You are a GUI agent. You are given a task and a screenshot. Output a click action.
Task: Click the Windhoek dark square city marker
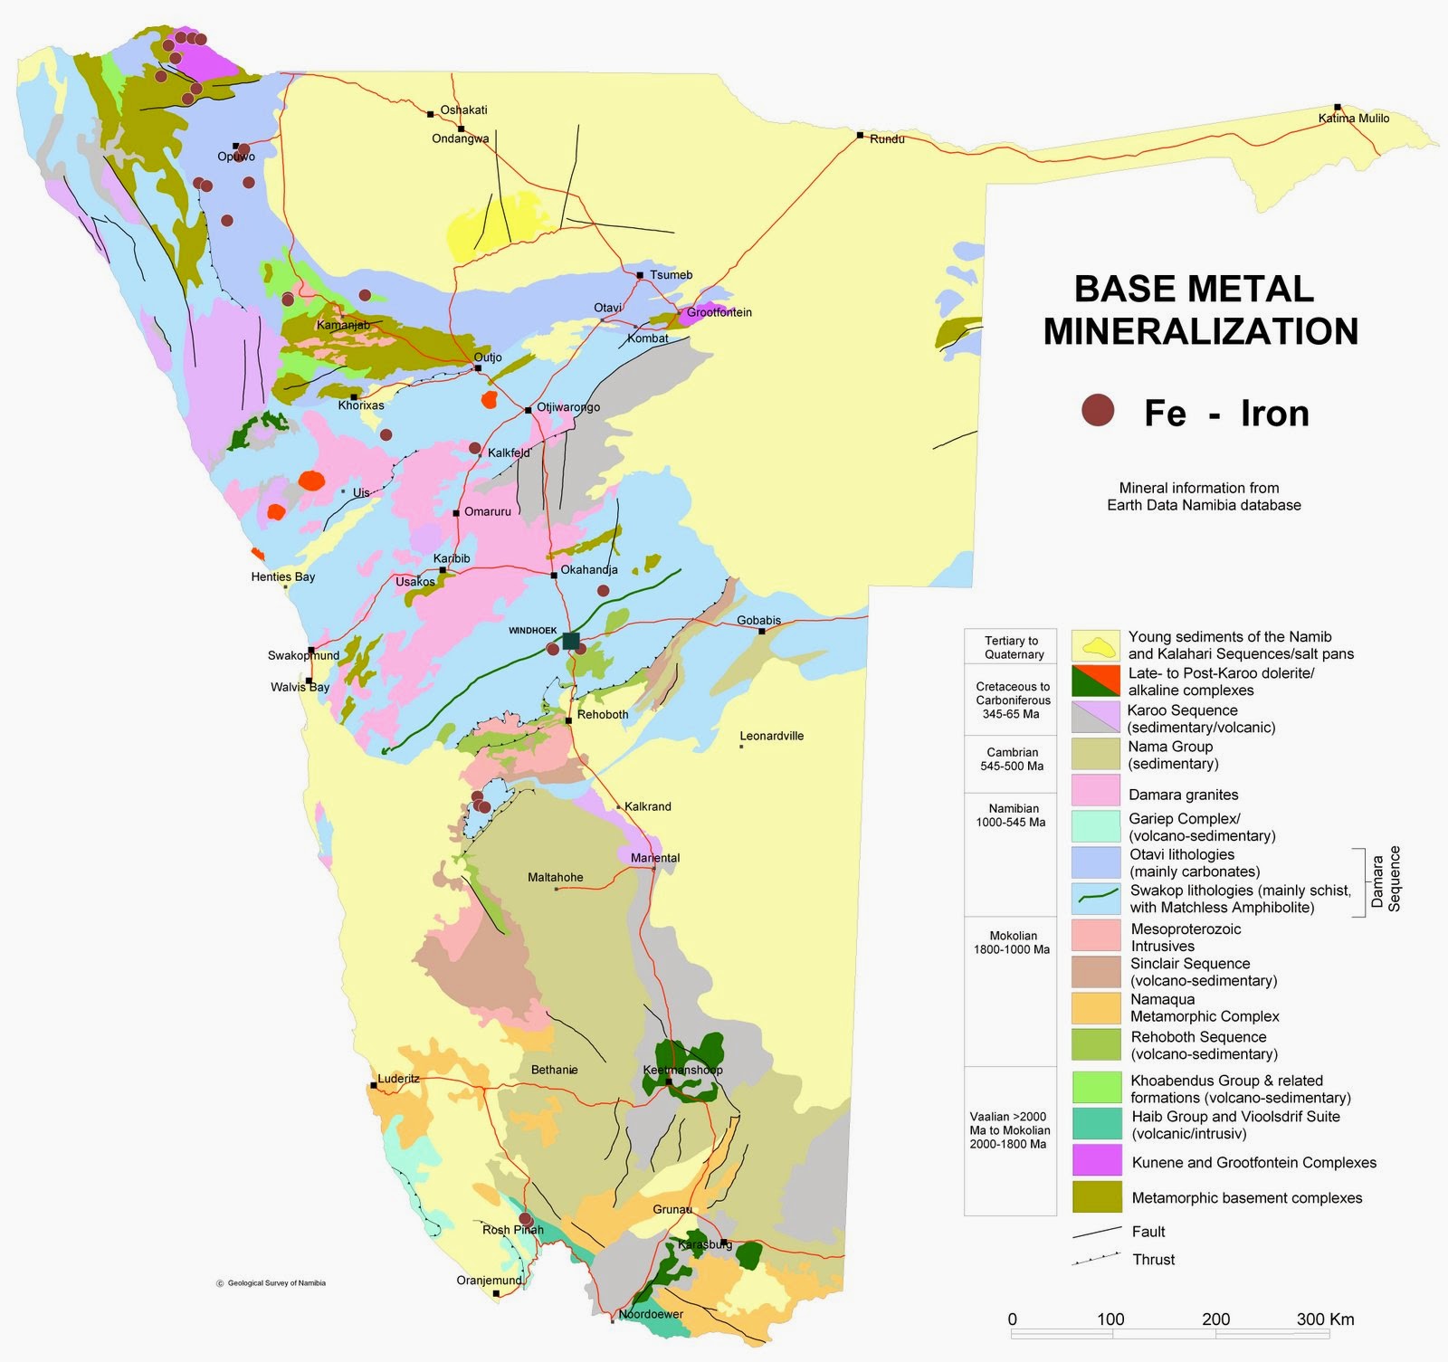[570, 641]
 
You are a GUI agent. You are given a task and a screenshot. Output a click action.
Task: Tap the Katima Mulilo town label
[1353, 119]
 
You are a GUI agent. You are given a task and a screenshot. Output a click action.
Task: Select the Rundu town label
[887, 139]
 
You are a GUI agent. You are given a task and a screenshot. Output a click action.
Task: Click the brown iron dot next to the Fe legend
[1099, 411]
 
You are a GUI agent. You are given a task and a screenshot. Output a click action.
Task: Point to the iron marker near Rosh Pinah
[525, 1219]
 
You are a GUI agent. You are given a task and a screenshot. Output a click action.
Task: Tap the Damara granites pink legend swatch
[1096, 790]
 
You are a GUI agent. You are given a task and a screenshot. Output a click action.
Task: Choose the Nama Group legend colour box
[1096, 754]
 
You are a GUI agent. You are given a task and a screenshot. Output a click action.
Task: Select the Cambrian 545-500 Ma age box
[1011, 759]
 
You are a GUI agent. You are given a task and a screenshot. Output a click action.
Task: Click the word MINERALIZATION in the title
[1200, 331]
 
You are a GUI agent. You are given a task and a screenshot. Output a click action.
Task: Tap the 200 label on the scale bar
[1215, 1319]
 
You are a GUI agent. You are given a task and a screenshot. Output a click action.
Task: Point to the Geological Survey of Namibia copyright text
[271, 1282]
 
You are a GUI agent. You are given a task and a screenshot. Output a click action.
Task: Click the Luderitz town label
[398, 1079]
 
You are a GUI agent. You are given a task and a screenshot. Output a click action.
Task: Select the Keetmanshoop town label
[682, 1070]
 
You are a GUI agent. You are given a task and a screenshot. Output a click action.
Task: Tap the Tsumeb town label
[671, 275]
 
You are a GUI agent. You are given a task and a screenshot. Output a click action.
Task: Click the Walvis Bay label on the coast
[300, 687]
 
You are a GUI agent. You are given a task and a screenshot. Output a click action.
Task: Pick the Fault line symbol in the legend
[1097, 1232]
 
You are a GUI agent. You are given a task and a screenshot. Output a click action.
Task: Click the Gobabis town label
[758, 621]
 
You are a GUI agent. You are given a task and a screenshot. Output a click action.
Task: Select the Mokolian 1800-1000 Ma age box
[1011, 942]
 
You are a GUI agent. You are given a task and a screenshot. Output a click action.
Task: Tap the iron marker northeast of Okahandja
[603, 590]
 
